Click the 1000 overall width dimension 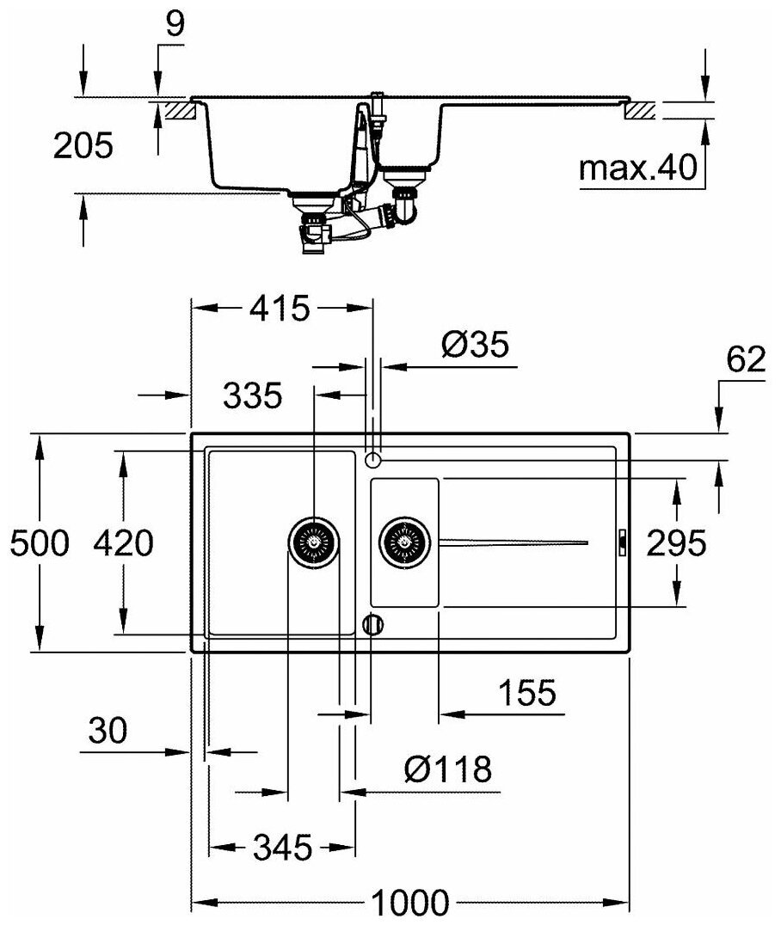coord(410,903)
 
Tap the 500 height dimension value coord(37,543)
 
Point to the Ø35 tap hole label coord(475,346)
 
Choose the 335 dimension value coord(251,396)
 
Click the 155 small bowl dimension coord(526,693)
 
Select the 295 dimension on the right coord(675,543)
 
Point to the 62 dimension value coord(744,361)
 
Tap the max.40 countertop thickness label coord(636,169)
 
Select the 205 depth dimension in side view coord(83,146)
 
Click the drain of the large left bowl coord(312,542)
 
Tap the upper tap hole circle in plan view coord(372,460)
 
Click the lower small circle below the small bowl coord(372,624)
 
